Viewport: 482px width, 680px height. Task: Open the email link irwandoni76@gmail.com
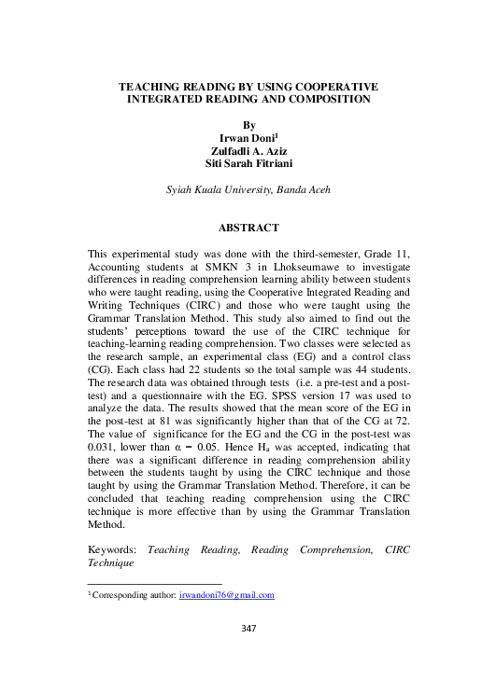coord(226,594)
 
